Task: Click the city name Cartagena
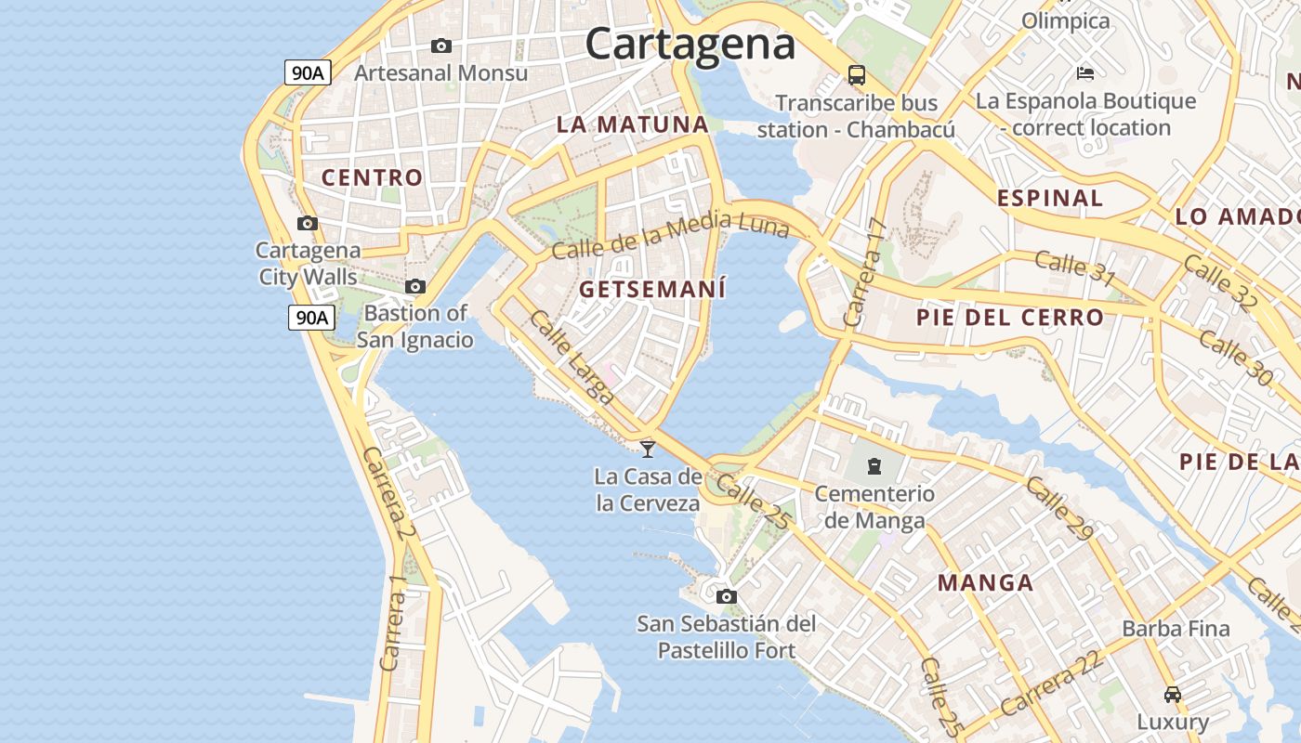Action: click(690, 44)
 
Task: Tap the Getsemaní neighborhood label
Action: click(652, 290)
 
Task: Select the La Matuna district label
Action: click(632, 124)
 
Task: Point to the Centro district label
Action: click(372, 177)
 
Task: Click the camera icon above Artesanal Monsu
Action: click(441, 46)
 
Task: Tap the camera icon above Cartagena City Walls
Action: click(308, 223)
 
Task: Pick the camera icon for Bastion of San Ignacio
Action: click(415, 286)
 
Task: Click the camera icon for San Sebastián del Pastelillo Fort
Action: click(727, 596)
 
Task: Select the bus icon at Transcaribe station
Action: click(857, 75)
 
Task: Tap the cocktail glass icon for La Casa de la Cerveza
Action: click(648, 449)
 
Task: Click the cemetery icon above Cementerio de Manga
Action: click(874, 465)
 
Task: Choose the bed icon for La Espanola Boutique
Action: click(1084, 72)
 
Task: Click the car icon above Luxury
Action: click(1173, 694)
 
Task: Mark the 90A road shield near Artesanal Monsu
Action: click(307, 72)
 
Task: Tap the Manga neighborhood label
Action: click(985, 583)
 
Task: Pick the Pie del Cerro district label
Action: click(1010, 318)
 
